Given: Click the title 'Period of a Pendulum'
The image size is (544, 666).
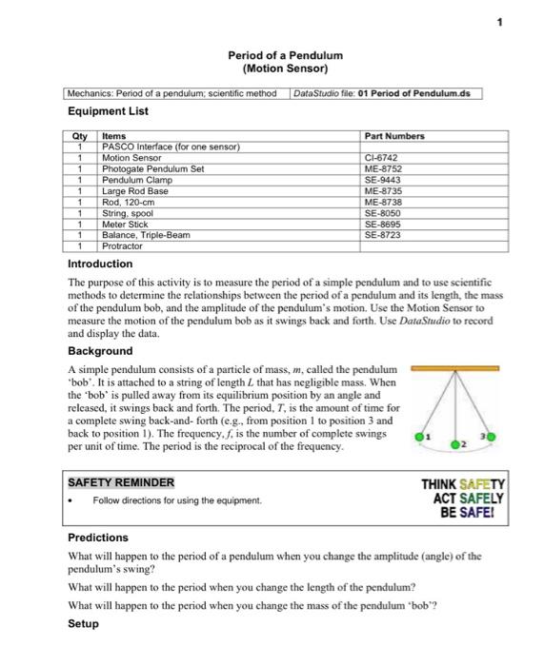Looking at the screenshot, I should tap(285, 55).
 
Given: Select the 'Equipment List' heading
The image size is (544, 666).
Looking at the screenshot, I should tap(109, 111).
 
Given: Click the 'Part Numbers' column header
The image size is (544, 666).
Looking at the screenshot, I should tap(393, 137).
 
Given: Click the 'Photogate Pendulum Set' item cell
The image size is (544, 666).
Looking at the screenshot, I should tap(148, 167).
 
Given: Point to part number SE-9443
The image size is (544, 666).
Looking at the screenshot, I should tap(381, 177).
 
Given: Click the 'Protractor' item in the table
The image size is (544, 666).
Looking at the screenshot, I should tap(125, 245).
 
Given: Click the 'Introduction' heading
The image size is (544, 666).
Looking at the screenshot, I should tap(101, 264).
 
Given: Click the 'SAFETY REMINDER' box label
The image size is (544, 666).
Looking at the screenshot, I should tap(121, 482).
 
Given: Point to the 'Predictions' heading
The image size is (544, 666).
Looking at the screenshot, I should tap(98, 538).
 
